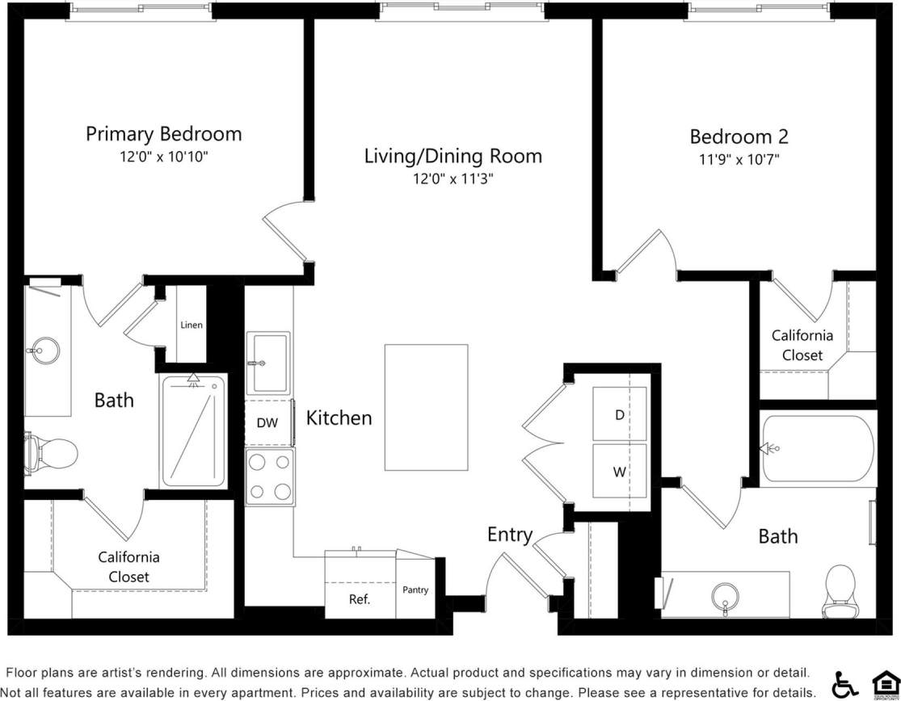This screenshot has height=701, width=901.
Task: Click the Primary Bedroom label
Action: coord(163,134)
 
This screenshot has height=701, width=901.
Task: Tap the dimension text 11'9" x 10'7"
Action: coord(739,159)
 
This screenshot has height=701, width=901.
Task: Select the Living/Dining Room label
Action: coord(453,156)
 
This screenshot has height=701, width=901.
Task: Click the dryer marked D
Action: coord(620,414)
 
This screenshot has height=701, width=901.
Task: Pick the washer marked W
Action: coord(620,472)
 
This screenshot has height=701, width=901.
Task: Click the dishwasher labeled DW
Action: coord(267,422)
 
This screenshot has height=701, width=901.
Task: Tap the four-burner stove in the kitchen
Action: coord(270,477)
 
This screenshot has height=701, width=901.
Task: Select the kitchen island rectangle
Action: coord(426,407)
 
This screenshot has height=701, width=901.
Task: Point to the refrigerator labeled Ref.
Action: coord(360,598)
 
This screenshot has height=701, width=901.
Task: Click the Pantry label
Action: coord(415,590)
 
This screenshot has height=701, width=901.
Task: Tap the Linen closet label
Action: coord(192,325)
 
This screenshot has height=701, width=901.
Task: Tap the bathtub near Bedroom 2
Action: coord(817,448)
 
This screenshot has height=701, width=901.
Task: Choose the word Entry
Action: coord(509,535)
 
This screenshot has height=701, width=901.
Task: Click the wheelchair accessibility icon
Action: coord(844,684)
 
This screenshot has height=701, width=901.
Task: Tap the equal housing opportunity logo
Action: coord(884,684)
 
